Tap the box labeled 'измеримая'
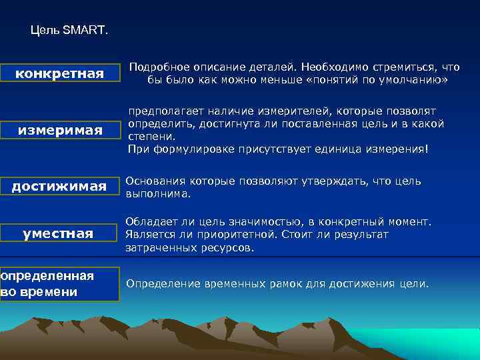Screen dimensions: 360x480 pos(60,130)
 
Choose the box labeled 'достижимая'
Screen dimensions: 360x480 pos(60,187)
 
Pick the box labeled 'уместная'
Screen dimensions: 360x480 pos(60,234)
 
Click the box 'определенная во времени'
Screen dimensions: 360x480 pos(59,284)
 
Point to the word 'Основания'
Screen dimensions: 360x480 pos(154,181)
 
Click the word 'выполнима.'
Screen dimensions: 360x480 pos(158,194)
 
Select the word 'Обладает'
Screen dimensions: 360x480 pos(151,222)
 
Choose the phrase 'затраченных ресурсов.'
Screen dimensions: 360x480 pos(189,247)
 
